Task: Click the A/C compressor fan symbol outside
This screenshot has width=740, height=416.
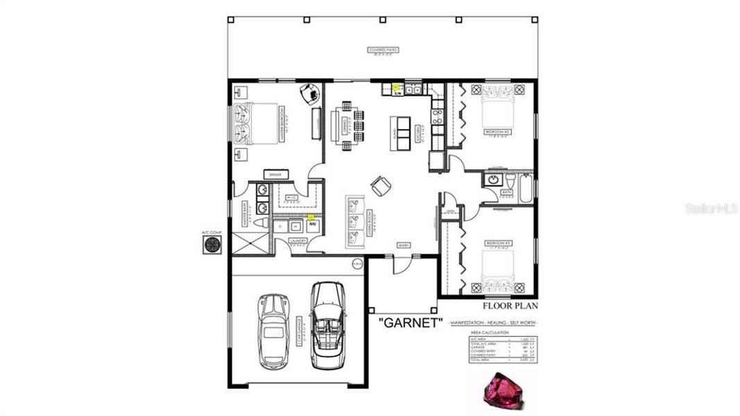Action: (x=211, y=243)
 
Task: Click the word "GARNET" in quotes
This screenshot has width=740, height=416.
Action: (x=410, y=323)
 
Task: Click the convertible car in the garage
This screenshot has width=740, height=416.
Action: (x=328, y=324)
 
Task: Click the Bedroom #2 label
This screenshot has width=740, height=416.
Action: (x=497, y=131)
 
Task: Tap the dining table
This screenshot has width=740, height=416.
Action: (x=346, y=125)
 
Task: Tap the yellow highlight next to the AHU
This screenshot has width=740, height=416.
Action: (x=310, y=217)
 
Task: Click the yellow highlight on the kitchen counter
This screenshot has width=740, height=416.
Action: (x=395, y=87)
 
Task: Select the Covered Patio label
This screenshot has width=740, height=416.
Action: (x=384, y=50)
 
